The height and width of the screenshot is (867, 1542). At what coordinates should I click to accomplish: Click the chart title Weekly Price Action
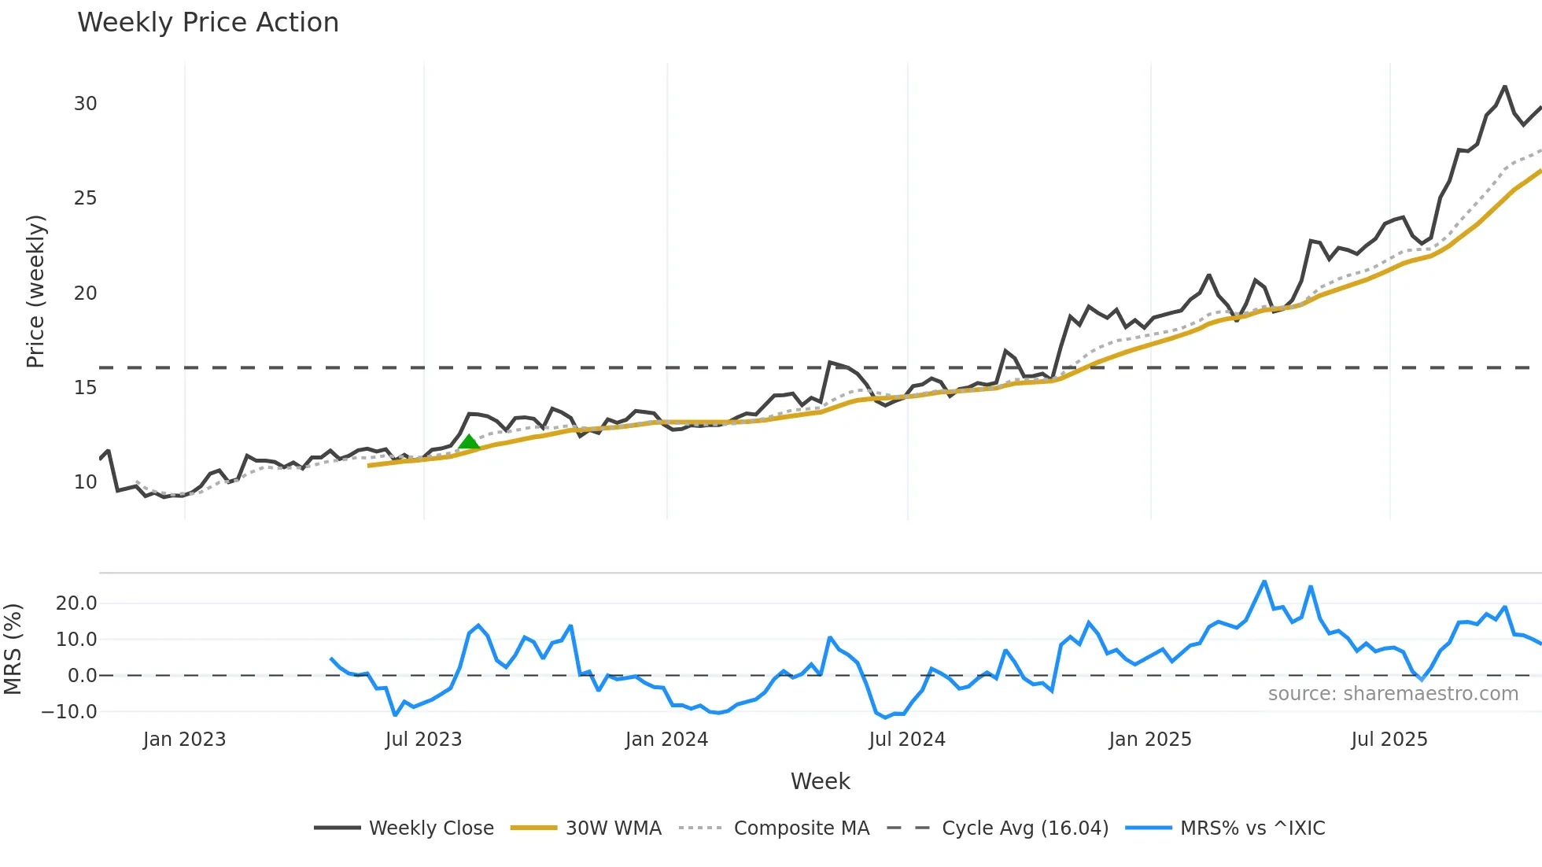pyautogui.click(x=208, y=23)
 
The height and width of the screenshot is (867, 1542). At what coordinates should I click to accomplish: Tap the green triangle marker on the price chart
pyautogui.click(x=469, y=442)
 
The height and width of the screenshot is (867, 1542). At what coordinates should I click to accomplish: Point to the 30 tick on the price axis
pyautogui.click(x=86, y=104)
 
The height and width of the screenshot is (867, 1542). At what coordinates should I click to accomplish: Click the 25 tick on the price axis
pyautogui.click(x=86, y=198)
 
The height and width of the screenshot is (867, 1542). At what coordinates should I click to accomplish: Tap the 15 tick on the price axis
pyautogui.click(x=86, y=388)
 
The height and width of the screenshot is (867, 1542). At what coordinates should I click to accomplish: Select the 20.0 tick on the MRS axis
pyautogui.click(x=76, y=603)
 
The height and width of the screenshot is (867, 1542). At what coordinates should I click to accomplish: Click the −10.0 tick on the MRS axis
pyautogui.click(x=70, y=712)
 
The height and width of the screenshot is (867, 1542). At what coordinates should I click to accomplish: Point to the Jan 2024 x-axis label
pyautogui.click(x=666, y=740)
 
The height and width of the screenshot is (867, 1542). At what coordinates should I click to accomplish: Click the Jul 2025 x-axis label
pyautogui.click(x=1389, y=740)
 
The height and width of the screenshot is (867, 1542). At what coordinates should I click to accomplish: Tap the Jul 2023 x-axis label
pyautogui.click(x=423, y=740)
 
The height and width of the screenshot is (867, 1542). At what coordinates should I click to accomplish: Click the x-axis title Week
pyautogui.click(x=820, y=781)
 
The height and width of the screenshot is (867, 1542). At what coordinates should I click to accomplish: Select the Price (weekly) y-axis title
pyautogui.click(x=35, y=291)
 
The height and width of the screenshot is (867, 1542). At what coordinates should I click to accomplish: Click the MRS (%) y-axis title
pyautogui.click(x=13, y=649)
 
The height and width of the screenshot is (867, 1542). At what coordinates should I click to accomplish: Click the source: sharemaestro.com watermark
pyautogui.click(x=1393, y=694)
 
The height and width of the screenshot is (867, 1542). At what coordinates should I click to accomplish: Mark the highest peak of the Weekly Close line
pyautogui.click(x=1505, y=87)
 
